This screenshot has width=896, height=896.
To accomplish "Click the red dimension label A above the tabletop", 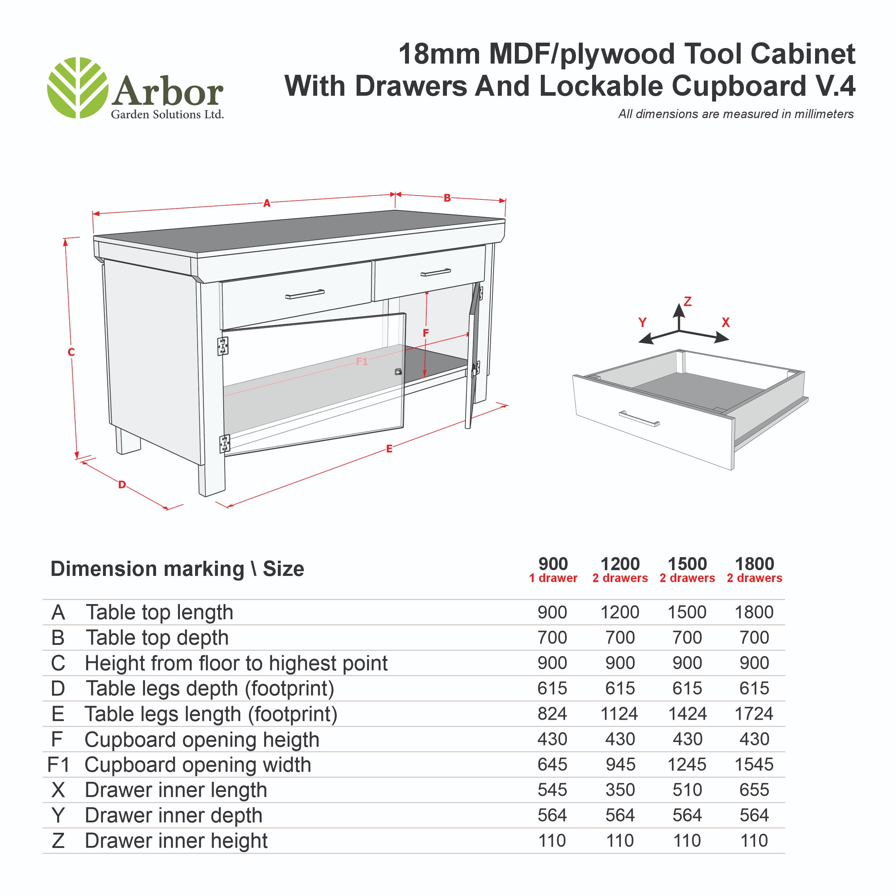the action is (267, 203).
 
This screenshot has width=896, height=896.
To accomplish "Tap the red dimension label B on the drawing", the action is (447, 198).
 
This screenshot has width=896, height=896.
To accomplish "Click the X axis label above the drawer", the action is (726, 322).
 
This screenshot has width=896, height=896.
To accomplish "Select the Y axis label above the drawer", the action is (642, 322).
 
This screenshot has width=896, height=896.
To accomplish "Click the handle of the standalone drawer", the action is (639, 418).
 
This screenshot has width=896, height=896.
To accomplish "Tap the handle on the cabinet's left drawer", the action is (305, 294).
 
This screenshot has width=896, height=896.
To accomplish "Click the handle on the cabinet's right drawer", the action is (435, 272).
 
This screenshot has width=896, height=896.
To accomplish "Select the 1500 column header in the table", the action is (687, 564).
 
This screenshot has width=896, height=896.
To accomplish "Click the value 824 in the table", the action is (552, 713).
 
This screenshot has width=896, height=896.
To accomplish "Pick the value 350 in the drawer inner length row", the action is (620, 789).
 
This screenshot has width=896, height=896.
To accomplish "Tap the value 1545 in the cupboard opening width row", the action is (754, 764).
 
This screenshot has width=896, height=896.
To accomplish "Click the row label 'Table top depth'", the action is (157, 638).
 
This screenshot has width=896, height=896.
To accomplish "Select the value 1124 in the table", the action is (619, 713).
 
